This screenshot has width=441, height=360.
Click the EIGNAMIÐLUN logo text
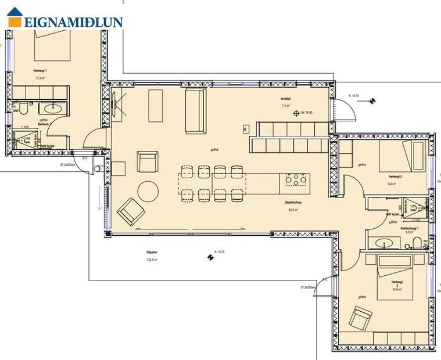click(73, 22)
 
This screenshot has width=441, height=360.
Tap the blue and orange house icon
click(15, 17)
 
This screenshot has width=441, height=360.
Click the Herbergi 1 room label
click(40, 70)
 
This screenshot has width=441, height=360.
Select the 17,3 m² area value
click(40, 77)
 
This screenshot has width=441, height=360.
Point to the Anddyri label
click(286, 99)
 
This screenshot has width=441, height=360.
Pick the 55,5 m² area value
click(293, 211)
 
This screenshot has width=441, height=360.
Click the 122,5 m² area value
click(153, 260)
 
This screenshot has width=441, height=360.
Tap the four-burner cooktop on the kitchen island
click(295, 181)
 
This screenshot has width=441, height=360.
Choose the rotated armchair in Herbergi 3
click(360, 318)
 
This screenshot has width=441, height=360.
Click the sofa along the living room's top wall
click(196, 103)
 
